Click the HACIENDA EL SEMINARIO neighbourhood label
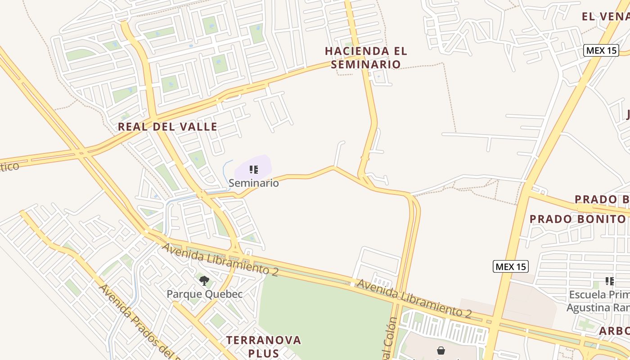click(366, 58)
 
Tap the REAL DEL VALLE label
click(167, 126)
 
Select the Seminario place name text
click(253, 183)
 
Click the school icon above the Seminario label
click(254, 170)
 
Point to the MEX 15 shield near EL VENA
click(601, 50)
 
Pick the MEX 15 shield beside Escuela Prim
click(510, 266)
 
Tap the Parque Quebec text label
click(204, 294)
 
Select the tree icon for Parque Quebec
click(204, 281)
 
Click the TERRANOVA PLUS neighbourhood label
click(264, 346)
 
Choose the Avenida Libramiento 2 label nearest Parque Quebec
click(220, 259)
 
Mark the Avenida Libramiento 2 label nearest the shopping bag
click(414, 298)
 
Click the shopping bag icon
click(441, 350)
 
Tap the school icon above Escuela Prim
click(610, 281)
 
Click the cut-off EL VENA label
click(605, 17)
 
